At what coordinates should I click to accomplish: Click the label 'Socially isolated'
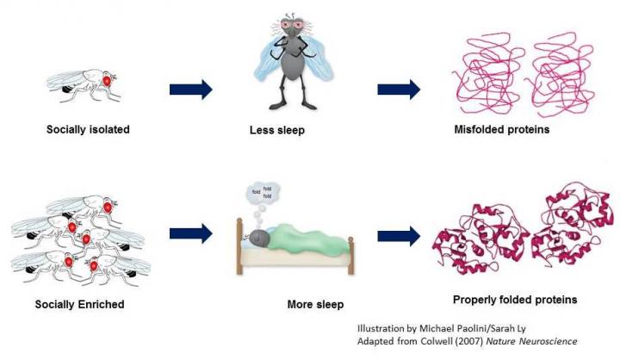[x=88, y=130]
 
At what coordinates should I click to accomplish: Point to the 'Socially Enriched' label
[x=80, y=304]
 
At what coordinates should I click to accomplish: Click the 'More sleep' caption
[x=315, y=304]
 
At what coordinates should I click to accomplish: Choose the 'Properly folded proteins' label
[x=514, y=300]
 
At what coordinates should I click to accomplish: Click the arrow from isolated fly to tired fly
[x=190, y=89]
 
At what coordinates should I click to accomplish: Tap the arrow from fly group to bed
[x=190, y=233]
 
